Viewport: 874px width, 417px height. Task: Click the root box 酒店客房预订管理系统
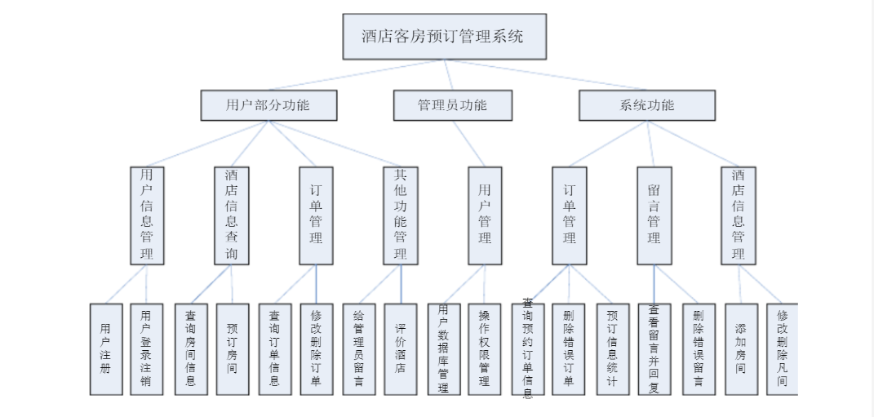pos(444,37)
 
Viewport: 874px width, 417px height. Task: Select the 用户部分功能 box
pos(268,105)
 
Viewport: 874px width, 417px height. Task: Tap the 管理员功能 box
pos(453,105)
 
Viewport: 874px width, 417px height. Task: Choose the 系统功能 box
pos(647,105)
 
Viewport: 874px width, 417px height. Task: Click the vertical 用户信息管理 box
pos(147,215)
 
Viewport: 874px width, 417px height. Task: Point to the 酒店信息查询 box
pos(232,215)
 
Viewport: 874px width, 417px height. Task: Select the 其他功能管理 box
pos(401,215)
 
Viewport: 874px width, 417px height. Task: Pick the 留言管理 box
pos(654,215)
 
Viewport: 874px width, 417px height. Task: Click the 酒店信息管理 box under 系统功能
pos(739,215)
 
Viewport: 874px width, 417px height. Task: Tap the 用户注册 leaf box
pos(105,349)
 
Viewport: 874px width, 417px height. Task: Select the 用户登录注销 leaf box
pos(146,349)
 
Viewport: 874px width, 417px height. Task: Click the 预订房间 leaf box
pos(232,349)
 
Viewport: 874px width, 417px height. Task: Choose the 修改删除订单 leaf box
pos(317,349)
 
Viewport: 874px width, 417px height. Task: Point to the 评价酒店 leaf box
pos(401,349)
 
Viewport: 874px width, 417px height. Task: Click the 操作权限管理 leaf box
pos(485,349)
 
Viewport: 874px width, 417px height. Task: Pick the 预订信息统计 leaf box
pos(612,349)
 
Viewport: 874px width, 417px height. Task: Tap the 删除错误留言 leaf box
pos(699,349)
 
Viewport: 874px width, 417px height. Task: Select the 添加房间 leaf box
pos(741,349)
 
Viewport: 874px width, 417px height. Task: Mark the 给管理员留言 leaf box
pos(358,349)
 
